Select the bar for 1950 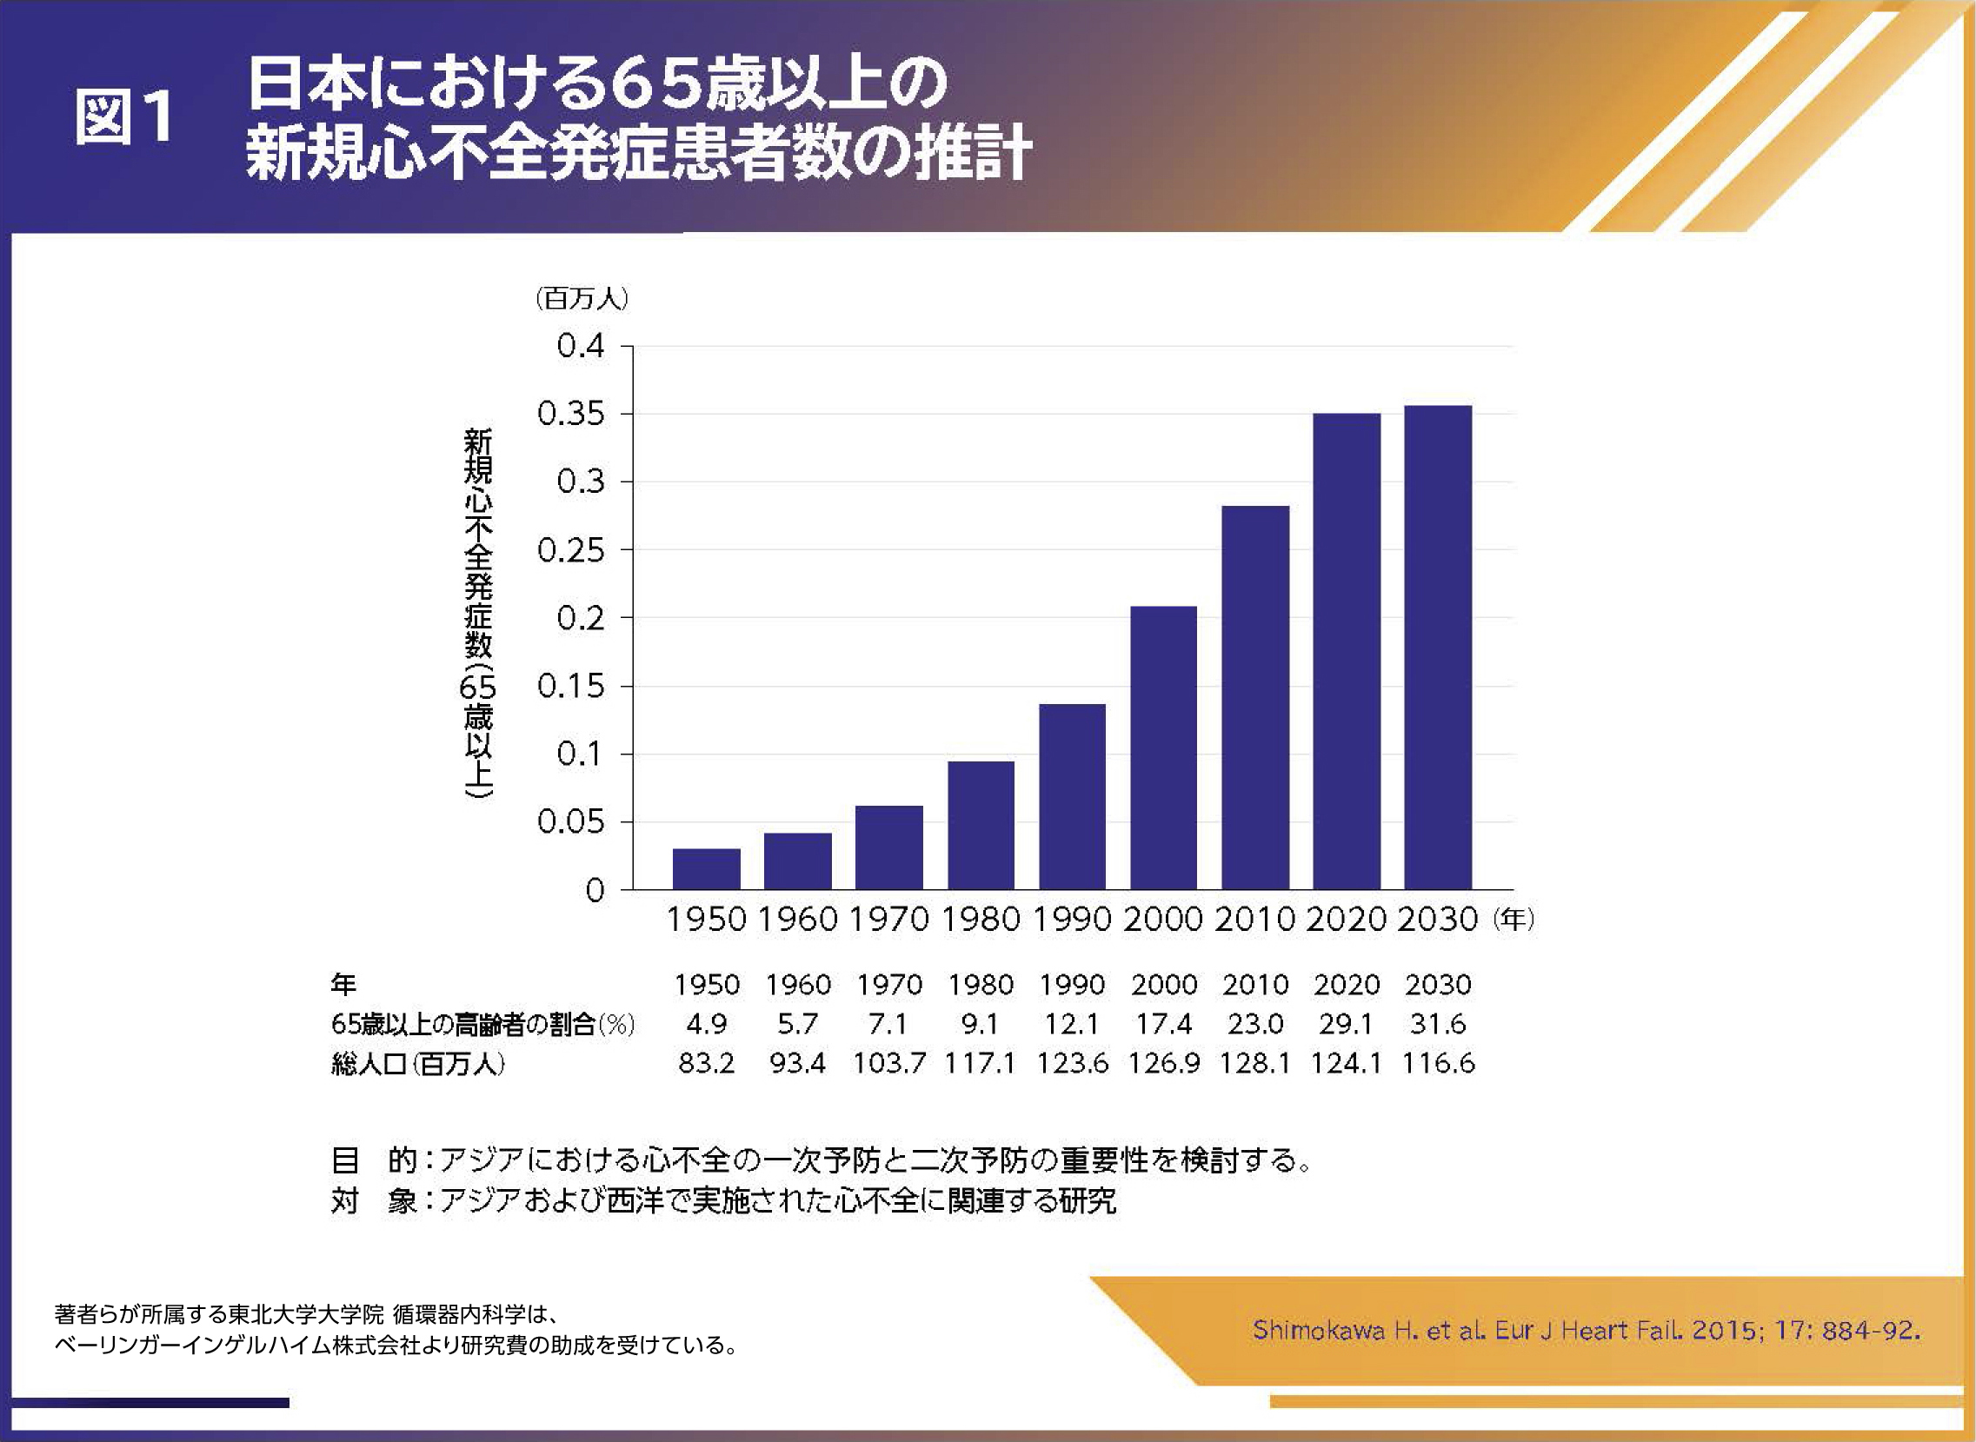pos(706,868)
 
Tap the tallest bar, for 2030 pos(1438,647)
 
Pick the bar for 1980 pos(980,825)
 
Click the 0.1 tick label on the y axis pos(581,754)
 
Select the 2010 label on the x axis pos(1254,919)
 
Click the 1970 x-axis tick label pos(888,919)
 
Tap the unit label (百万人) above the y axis pos(582,298)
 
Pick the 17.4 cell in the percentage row pos(1163,1024)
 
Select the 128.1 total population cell pos(1255,1063)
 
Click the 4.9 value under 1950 pos(706,1024)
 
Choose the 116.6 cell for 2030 pos(1438,1063)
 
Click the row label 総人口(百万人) pos(418,1064)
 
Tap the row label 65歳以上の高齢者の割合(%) pos(482,1024)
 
